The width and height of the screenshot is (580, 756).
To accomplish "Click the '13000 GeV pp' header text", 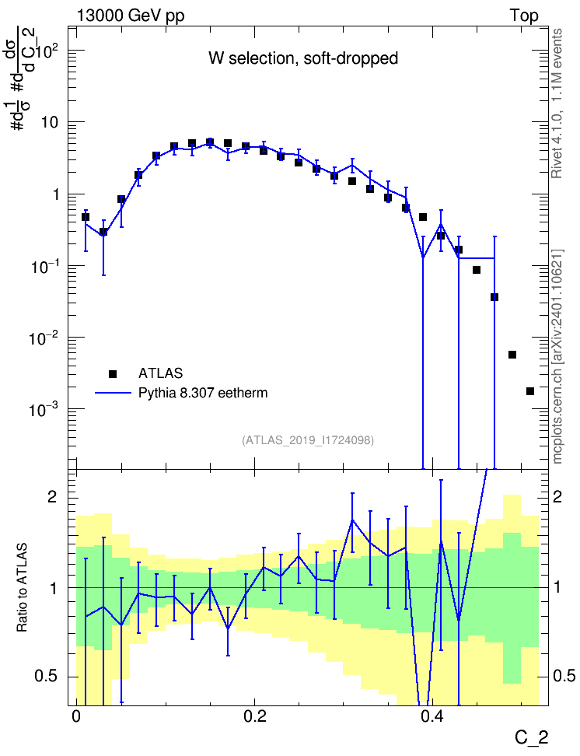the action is click(131, 16).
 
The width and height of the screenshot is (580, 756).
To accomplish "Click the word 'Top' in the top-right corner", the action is click(524, 16).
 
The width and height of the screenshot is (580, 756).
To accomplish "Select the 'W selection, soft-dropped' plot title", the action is click(303, 58).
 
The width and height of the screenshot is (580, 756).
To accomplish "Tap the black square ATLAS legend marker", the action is click(113, 373).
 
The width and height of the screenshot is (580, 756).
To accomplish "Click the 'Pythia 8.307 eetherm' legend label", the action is click(203, 393).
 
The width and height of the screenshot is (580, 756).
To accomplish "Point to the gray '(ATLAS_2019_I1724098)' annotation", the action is click(308, 440).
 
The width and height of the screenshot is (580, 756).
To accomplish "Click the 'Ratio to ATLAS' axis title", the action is click(22, 588).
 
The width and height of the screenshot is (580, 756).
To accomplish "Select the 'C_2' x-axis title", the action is click(531, 738).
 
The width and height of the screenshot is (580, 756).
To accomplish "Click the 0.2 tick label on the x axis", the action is click(255, 716).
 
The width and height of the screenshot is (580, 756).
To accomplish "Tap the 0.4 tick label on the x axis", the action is click(432, 716).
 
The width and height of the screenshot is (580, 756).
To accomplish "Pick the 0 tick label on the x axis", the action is click(76, 716).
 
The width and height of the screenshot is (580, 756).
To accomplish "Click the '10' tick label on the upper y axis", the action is click(50, 122).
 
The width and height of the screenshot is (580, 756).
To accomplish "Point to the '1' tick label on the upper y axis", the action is click(55, 194).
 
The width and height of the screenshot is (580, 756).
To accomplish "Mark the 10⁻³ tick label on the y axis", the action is click(44, 409).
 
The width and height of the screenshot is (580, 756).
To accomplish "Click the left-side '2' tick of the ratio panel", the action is click(52, 497).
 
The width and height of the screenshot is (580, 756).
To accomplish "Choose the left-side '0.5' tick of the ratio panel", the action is click(47, 676).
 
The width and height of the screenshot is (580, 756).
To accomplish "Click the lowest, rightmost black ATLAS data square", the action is click(530, 391).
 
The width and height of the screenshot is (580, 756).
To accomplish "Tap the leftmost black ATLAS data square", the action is click(86, 217).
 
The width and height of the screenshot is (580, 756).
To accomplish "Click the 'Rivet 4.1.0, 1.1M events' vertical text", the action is click(557, 103).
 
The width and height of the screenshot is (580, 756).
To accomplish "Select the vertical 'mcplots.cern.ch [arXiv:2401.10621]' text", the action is click(557, 356).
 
